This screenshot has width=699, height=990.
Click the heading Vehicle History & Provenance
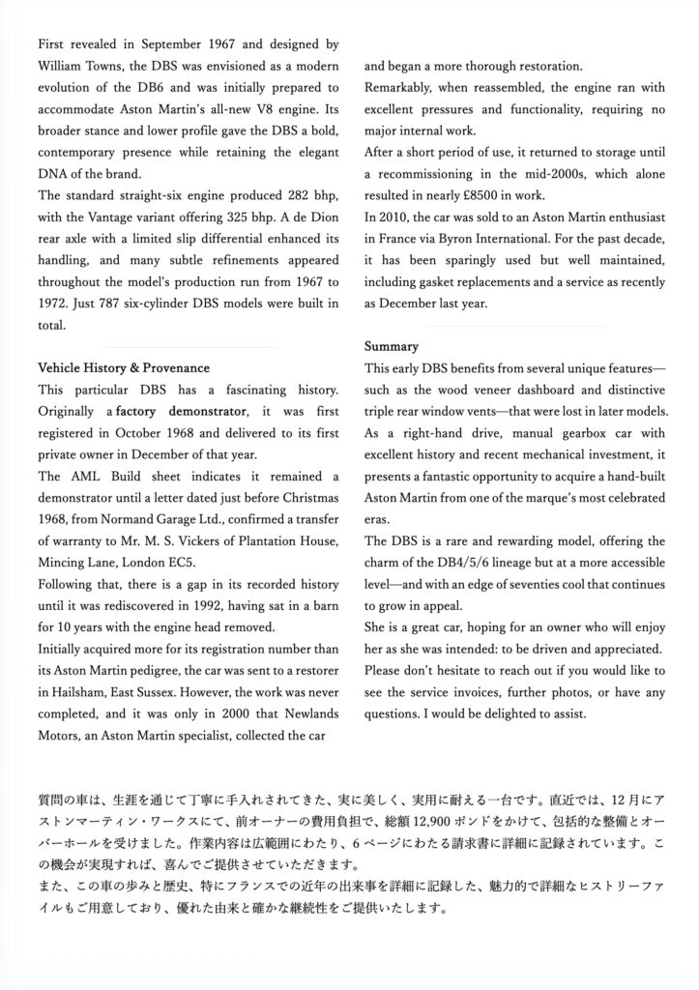(x=123, y=368)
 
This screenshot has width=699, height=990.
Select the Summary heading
(x=391, y=345)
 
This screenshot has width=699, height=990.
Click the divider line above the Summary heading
(x=483, y=325)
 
